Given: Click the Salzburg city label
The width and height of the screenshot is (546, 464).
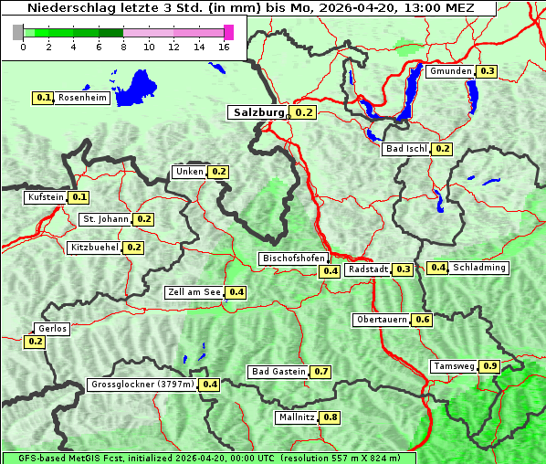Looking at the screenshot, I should click(258, 112).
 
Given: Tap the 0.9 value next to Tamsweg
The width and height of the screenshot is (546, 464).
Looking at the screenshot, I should click(490, 366).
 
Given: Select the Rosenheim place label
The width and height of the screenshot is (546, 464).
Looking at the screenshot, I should click(82, 98).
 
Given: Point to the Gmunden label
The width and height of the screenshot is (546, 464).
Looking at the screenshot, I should click(450, 71).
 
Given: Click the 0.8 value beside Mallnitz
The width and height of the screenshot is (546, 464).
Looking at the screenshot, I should click(330, 417).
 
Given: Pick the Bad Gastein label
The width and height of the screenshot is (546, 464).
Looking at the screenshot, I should click(278, 372).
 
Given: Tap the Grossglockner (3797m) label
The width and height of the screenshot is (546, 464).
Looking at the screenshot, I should click(142, 385).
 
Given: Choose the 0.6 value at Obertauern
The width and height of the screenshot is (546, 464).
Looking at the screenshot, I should click(422, 320).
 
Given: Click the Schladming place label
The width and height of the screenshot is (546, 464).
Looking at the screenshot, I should click(479, 268).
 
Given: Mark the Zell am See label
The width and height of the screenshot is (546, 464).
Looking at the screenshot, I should click(194, 292).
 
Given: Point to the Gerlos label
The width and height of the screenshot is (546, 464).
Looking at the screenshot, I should click(52, 329).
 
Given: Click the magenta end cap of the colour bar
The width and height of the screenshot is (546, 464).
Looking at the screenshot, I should click(228, 32).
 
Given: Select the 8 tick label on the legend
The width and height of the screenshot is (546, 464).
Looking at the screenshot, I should click(124, 46).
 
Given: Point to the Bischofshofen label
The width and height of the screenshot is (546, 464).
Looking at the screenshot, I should click(293, 258).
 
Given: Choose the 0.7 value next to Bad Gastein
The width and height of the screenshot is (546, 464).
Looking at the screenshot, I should click(320, 372).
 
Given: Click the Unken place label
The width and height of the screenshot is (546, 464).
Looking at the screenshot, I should click(189, 172).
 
